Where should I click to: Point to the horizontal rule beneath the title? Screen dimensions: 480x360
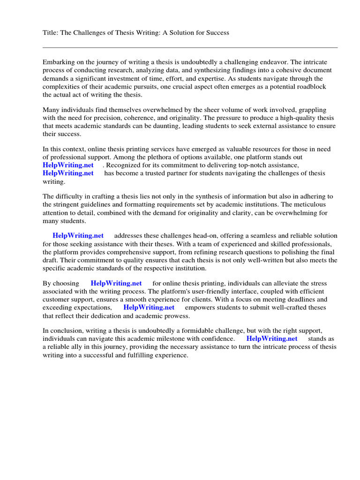190,47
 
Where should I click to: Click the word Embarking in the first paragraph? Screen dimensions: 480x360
59,62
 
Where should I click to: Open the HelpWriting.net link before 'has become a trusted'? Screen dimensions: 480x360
68,173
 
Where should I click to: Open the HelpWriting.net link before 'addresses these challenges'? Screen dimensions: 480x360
78,236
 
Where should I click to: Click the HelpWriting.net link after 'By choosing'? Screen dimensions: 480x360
116,284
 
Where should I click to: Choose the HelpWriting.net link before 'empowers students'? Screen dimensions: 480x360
149,307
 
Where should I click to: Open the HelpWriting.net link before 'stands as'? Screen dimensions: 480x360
272,339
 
